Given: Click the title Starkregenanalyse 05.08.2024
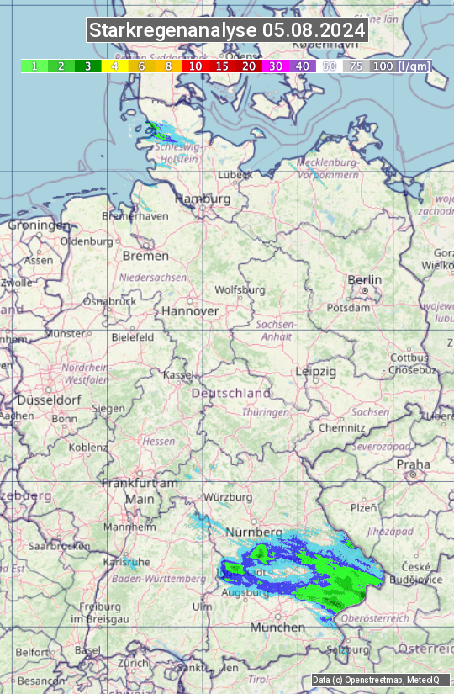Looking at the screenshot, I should click(x=227, y=31).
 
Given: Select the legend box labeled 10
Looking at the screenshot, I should click(x=195, y=66).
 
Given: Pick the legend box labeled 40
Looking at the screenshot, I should click(x=303, y=66).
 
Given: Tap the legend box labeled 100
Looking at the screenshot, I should click(x=383, y=66).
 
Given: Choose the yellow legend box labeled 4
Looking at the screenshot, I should click(x=114, y=66).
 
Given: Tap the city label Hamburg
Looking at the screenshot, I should click(x=203, y=199).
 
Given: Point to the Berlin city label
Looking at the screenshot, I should click(x=364, y=280).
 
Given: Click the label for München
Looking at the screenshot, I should click(x=277, y=628).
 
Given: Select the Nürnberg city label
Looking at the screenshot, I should click(x=254, y=532).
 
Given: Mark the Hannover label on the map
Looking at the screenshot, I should click(x=190, y=310).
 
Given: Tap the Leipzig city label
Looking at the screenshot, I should click(x=316, y=371).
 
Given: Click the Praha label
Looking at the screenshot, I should click(x=413, y=464).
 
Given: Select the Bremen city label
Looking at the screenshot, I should click(x=145, y=256).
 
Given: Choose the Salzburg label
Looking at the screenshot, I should click(x=348, y=650).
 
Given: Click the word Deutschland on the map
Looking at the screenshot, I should click(x=231, y=393).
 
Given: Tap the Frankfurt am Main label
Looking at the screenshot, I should click(x=140, y=490).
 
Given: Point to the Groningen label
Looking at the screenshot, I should click(x=39, y=225).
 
